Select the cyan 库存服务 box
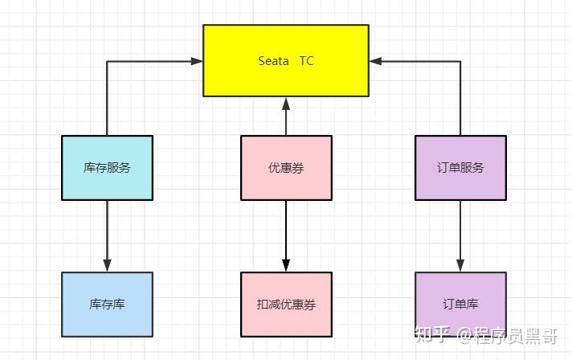click(x=107, y=167)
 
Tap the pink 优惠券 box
click(x=286, y=167)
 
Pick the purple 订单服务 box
click(x=460, y=167)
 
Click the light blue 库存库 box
click(x=107, y=305)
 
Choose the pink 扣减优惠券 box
click(x=286, y=305)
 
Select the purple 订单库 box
click(x=460, y=305)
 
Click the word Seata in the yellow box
click(x=273, y=61)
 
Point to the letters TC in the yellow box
click(x=307, y=61)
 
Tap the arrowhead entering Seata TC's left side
click(x=198, y=60)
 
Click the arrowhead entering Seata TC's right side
click(x=375, y=60)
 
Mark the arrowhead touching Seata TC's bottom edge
click(x=286, y=103)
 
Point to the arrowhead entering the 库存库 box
click(x=107, y=266)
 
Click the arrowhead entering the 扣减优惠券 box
click(x=286, y=266)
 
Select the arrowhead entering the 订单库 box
click(x=460, y=266)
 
